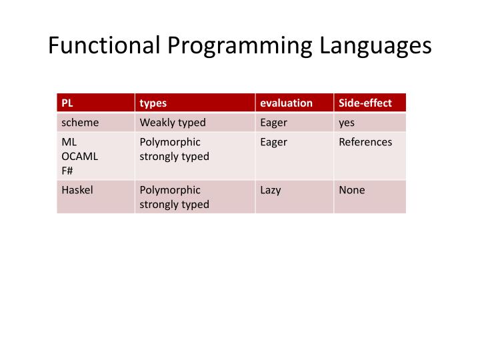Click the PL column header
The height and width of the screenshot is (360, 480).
[67, 103]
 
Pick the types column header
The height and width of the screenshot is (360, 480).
[153, 103]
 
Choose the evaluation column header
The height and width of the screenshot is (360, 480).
[286, 103]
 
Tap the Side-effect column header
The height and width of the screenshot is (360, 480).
[365, 103]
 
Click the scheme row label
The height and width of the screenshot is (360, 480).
[80, 123]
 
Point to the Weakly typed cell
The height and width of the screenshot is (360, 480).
[172, 123]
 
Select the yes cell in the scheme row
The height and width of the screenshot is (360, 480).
[347, 123]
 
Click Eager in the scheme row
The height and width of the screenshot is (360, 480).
[273, 123]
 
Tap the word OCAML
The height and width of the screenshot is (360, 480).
[80, 156]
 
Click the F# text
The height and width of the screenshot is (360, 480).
[67, 170]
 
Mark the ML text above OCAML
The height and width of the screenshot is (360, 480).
[69, 142]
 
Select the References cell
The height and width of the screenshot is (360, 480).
[365, 142]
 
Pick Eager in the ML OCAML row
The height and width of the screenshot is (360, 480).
[273, 142]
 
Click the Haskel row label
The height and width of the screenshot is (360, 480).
[77, 190]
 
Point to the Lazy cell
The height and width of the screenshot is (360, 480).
[271, 190]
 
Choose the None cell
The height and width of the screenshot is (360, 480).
[351, 190]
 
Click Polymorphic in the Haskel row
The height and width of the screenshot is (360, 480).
[170, 190]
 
